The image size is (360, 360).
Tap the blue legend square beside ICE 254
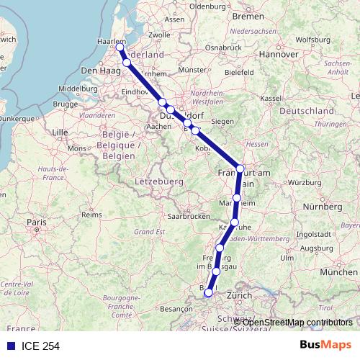point(10,346)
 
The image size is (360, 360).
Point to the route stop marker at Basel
point(208,292)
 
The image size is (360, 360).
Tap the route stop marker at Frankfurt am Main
point(240,168)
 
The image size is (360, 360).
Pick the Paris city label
point(36,223)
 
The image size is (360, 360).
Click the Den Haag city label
point(99,71)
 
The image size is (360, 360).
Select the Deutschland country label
point(306,112)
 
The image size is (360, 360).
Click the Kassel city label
point(271,98)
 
